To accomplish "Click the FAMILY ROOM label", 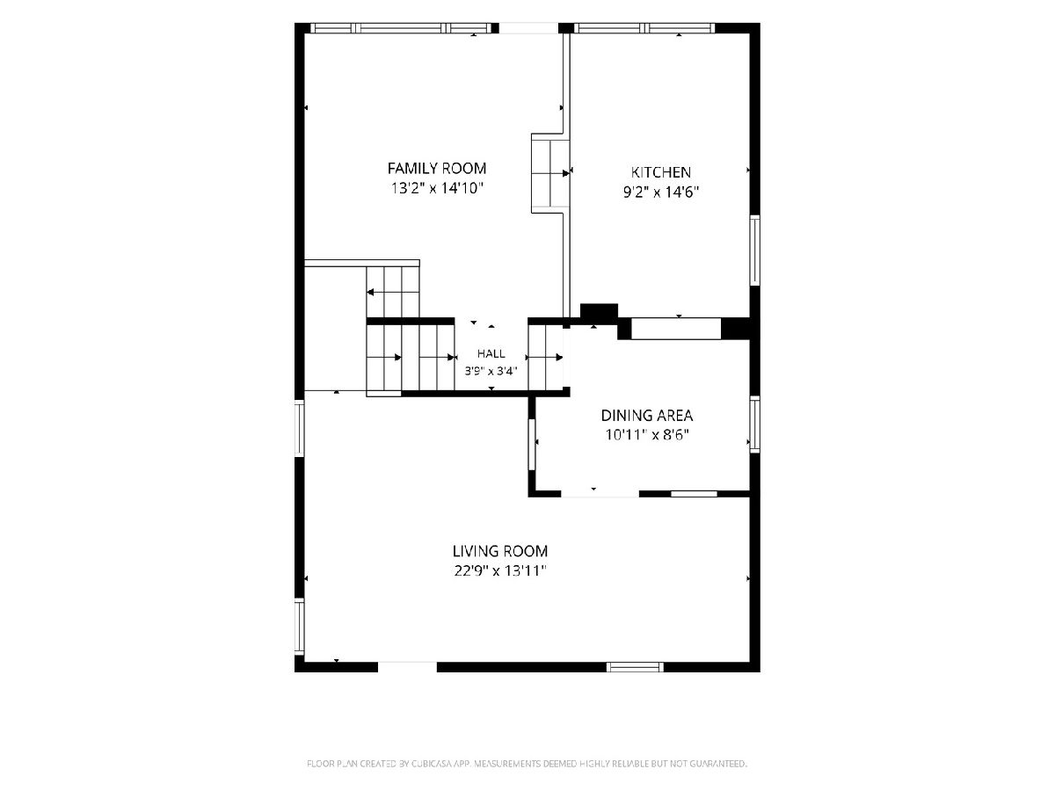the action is (436, 168).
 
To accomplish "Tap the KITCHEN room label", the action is (660, 172).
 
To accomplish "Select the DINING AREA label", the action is (646, 415).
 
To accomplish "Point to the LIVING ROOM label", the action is (500, 550).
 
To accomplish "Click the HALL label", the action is (491, 354).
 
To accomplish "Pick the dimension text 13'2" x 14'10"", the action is (436, 188).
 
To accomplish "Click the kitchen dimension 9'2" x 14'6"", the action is (660, 192).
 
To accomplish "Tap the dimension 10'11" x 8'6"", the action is (646, 435).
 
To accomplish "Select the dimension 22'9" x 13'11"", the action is (500, 570).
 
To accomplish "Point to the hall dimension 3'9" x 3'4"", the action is (491, 371).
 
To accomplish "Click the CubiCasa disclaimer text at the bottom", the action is (527, 764).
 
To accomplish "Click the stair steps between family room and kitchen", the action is (549, 173).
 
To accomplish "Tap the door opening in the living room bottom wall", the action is (407, 667).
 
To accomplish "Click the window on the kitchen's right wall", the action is (755, 250).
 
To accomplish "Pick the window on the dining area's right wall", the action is (755, 425).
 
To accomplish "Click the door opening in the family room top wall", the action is (528, 28).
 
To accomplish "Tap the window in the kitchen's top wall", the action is (644, 28).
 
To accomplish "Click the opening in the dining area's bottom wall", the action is (600, 494).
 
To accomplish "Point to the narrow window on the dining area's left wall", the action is (532, 444).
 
